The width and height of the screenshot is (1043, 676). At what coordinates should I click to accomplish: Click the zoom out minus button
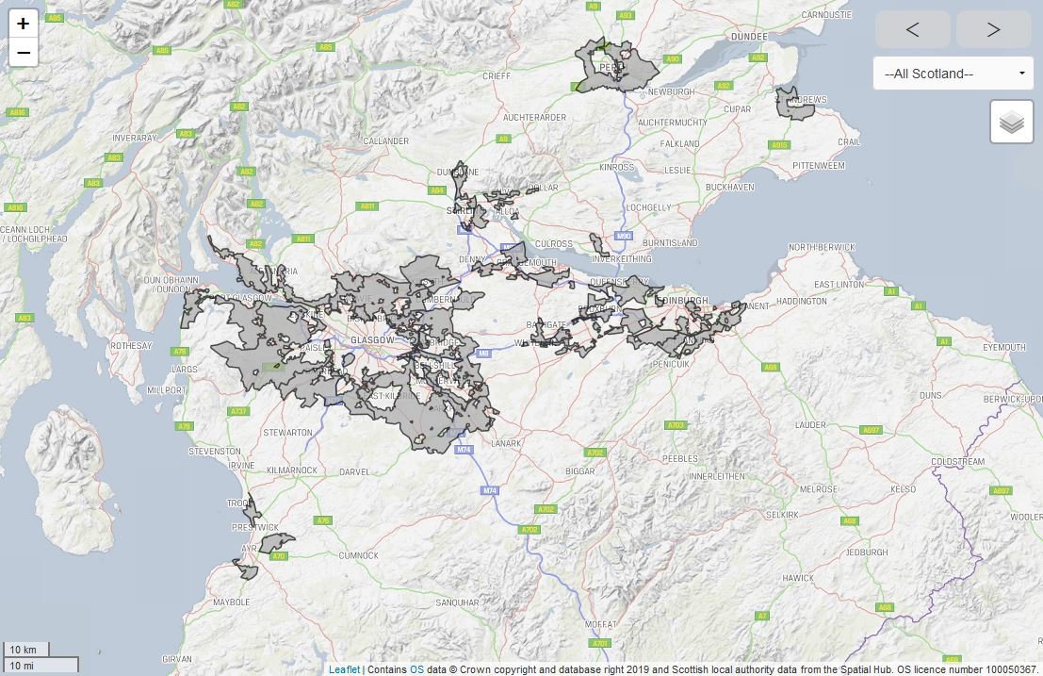24,53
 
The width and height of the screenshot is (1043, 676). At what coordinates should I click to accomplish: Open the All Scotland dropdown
953,74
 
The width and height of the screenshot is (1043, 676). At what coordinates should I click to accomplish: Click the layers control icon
1011,123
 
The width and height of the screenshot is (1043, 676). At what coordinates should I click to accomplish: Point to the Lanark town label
505,443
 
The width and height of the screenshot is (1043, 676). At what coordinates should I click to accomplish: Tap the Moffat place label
599,624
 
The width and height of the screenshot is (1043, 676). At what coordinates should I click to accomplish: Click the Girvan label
176,658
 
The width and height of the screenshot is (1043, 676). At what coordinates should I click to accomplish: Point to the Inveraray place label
133,138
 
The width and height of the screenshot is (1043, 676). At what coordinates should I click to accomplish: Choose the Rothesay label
131,346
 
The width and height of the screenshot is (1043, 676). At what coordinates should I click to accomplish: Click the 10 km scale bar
25,650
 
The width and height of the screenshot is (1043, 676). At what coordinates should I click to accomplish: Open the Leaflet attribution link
344,669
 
